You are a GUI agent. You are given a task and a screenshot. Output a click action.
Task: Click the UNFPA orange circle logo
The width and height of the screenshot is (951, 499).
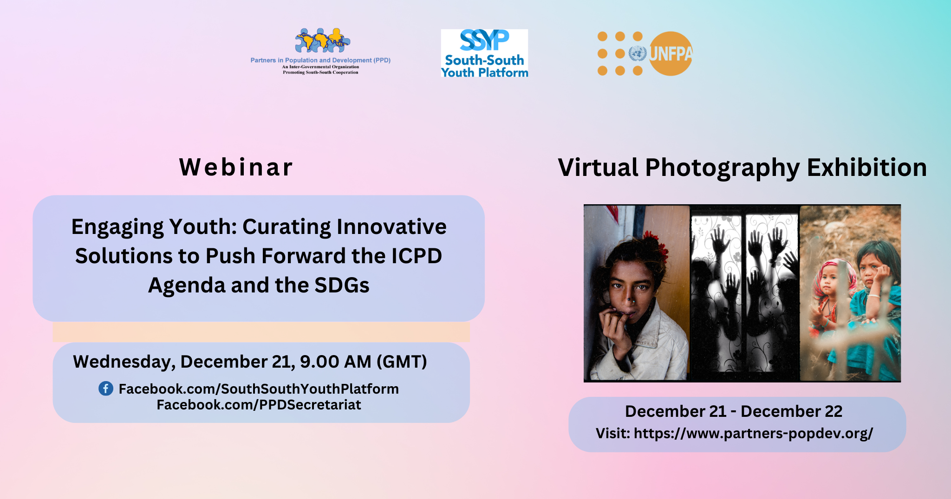tap(670, 53)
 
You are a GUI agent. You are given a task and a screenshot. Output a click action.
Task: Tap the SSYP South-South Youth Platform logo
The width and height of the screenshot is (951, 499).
tap(484, 53)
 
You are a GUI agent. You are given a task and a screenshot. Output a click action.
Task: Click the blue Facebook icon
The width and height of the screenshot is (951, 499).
tap(106, 389)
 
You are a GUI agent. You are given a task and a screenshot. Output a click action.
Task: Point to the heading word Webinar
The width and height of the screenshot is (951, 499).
tap(236, 167)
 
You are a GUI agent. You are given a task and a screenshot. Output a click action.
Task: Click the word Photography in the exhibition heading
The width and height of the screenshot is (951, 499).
tap(722, 168)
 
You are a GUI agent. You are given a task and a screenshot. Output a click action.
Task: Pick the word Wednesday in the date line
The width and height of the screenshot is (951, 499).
tap(124, 362)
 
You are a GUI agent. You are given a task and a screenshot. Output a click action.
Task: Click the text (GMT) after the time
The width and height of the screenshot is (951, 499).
tap(402, 362)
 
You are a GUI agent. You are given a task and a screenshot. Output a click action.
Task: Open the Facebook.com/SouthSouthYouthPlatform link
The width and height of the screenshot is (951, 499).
tap(259, 389)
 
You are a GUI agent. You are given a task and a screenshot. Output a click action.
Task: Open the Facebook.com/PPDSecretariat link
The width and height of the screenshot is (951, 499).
tap(259, 405)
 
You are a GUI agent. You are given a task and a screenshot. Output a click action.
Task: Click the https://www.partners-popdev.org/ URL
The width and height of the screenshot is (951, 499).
tap(753, 434)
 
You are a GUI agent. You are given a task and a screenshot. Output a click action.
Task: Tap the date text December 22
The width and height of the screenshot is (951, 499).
tap(791, 411)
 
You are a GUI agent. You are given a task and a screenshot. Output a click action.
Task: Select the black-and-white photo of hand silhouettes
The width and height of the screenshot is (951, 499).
tap(744, 293)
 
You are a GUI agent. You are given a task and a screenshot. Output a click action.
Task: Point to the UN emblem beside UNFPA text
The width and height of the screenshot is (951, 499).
tap(638, 53)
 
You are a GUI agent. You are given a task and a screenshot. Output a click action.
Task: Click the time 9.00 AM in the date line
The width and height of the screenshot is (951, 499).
tap(336, 362)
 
